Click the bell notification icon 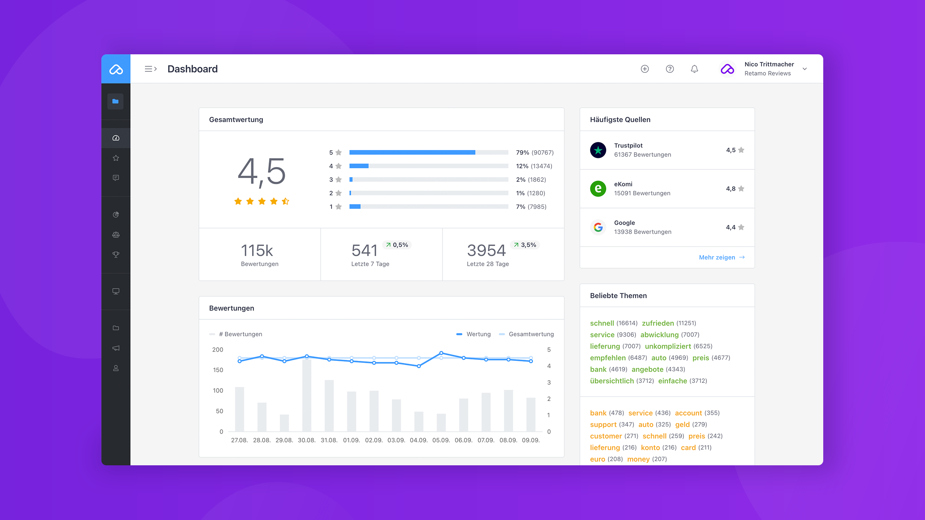pyautogui.click(x=694, y=69)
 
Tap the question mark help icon pyautogui.click(x=670, y=69)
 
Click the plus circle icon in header pyautogui.click(x=645, y=69)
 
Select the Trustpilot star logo pyautogui.click(x=598, y=150)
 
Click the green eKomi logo pyautogui.click(x=598, y=189)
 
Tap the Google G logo pyautogui.click(x=598, y=227)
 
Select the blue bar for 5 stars pyautogui.click(x=412, y=153)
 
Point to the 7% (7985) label pyautogui.click(x=531, y=207)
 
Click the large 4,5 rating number pyautogui.click(x=262, y=171)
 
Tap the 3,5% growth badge pyautogui.click(x=525, y=245)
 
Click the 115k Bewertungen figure pyautogui.click(x=257, y=251)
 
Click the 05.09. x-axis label pyautogui.click(x=441, y=440)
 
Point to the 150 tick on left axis pyautogui.click(x=218, y=370)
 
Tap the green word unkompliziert pyautogui.click(x=668, y=346)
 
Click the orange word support pyautogui.click(x=603, y=424)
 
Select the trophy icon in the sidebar pyautogui.click(x=116, y=255)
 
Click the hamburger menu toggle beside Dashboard pyautogui.click(x=150, y=69)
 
